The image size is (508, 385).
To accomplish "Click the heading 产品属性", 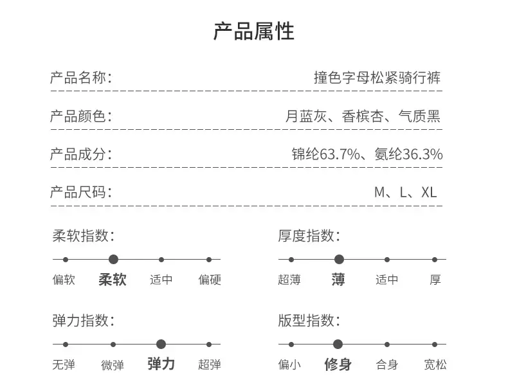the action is click(253, 31).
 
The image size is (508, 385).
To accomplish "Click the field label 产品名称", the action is click(78, 78).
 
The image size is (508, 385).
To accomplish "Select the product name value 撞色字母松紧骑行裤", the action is click(377, 78).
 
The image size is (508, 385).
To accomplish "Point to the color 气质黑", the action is click(419, 116).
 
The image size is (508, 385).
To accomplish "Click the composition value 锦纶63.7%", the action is click(325, 154).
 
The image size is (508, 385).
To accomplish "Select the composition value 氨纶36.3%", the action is click(409, 154).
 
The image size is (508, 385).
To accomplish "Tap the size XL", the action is click(429, 192).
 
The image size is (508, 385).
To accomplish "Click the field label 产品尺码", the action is click(78, 192).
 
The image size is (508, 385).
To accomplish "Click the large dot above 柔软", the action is click(113, 260).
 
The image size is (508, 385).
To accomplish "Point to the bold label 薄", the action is click(338, 280).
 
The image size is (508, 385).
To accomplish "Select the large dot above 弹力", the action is click(161, 345).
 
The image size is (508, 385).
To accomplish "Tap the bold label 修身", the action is click(338, 364).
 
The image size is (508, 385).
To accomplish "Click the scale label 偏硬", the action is click(210, 280).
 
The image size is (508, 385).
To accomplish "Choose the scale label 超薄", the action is click(289, 280).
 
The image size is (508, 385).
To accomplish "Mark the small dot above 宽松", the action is click(435, 345).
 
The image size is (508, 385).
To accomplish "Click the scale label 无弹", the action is click(64, 365).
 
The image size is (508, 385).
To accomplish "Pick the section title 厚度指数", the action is click(306, 236).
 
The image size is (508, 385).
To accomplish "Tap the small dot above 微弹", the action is click(113, 345).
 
